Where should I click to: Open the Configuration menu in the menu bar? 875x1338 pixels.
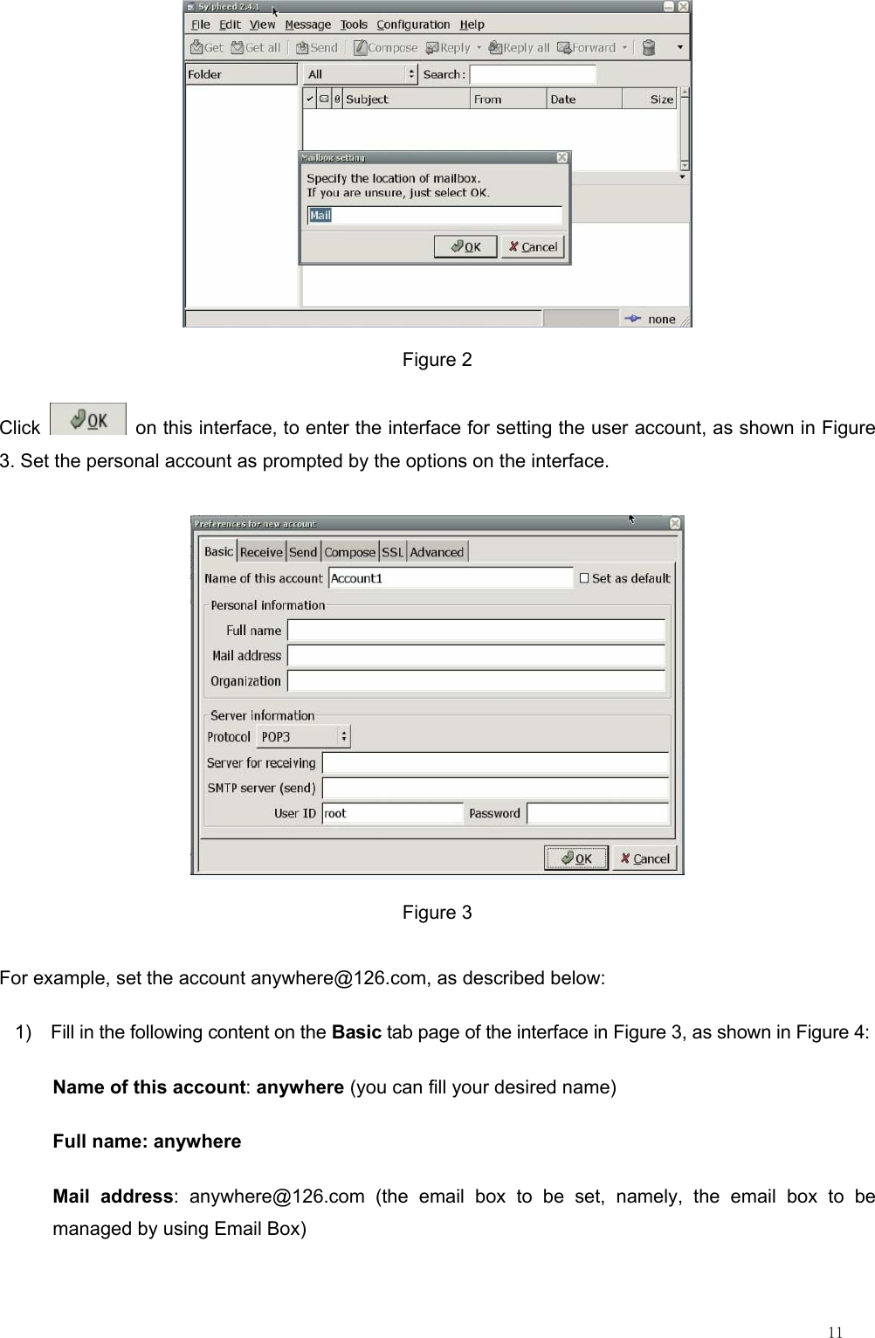point(413,24)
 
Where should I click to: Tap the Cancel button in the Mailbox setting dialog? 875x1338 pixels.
point(534,247)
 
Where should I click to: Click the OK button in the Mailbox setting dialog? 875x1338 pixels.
point(465,247)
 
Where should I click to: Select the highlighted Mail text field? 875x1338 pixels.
point(434,215)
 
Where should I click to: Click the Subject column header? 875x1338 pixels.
point(406,100)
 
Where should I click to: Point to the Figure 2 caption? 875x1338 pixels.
point(437,360)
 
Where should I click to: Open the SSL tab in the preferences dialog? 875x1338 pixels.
point(393,552)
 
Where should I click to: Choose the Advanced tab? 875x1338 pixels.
point(437,552)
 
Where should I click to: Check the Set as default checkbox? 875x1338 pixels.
point(584,578)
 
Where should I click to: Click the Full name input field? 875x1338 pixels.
point(476,631)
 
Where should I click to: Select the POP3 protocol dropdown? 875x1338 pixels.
point(303,737)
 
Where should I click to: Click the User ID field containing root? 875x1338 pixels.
point(392,813)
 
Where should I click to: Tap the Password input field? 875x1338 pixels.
point(598,813)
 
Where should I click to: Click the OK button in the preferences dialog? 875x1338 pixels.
point(575,859)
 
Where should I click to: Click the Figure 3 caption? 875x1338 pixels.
point(437,913)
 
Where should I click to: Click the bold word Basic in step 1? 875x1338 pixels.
point(356,1032)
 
